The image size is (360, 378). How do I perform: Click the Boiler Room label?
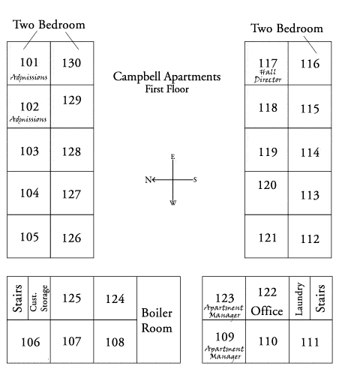(x=157, y=320)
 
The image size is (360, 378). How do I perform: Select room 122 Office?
(x=267, y=298)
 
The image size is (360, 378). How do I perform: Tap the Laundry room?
(x=299, y=298)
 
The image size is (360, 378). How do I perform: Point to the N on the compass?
(x=148, y=179)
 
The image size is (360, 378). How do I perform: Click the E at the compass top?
(x=172, y=157)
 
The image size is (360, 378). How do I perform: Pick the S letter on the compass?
(x=195, y=179)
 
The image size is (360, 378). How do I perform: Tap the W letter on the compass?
(x=173, y=202)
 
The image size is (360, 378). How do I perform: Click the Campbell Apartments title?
(x=166, y=76)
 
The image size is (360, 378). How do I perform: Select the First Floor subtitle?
(x=167, y=89)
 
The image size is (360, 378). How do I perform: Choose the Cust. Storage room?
(x=39, y=298)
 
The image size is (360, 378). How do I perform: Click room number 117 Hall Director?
(x=268, y=63)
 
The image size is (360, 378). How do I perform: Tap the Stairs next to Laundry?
(x=321, y=298)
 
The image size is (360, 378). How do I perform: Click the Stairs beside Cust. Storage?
(x=17, y=298)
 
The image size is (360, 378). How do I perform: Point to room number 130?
(x=71, y=63)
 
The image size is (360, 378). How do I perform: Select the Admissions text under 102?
(x=28, y=119)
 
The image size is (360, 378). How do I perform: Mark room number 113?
(x=310, y=195)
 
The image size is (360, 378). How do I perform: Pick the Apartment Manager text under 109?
(x=224, y=352)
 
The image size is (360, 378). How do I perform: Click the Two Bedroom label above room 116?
(x=286, y=28)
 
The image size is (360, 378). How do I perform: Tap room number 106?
(x=30, y=342)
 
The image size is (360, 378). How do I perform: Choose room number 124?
(x=115, y=298)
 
